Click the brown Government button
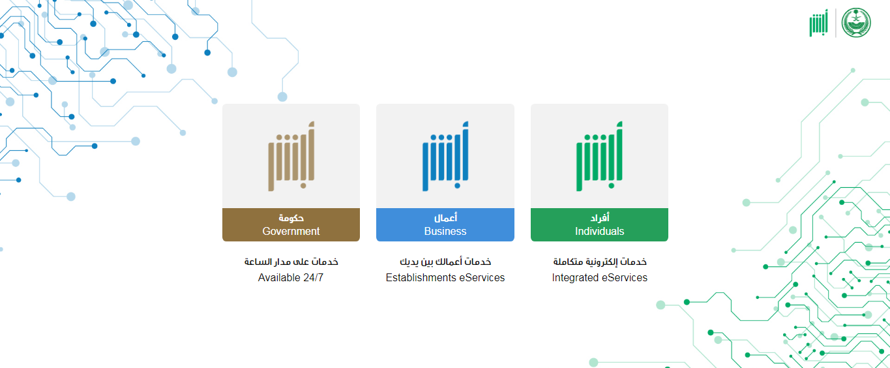[x=291, y=224]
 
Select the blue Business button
[x=445, y=224]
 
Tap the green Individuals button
[x=599, y=224]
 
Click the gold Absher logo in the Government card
[x=291, y=156]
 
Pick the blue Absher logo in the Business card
[x=445, y=156]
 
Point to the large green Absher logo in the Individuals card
[x=600, y=156]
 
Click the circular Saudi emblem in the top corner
[x=856, y=23]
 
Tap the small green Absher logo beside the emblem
[x=818, y=23]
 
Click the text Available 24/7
[x=290, y=277]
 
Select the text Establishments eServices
[x=445, y=277]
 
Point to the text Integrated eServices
[x=600, y=277]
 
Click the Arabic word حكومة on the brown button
[x=291, y=218]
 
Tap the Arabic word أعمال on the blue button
[x=445, y=218]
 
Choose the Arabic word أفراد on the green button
[x=600, y=218]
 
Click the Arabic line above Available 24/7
[x=291, y=262]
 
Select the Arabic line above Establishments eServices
[x=445, y=262]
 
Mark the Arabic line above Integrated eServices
[x=600, y=262]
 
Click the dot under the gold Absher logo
[x=303, y=185]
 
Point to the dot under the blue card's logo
[x=457, y=185]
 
